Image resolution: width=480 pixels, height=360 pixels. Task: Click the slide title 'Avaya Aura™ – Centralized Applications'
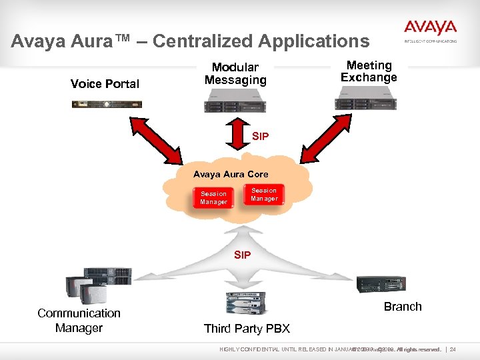click(x=190, y=41)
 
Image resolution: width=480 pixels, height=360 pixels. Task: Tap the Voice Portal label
click(x=105, y=83)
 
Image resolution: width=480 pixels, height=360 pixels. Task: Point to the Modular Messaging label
click(x=235, y=73)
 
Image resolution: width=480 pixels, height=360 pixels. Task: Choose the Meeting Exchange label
click(x=369, y=71)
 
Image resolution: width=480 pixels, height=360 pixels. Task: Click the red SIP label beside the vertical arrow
click(x=260, y=137)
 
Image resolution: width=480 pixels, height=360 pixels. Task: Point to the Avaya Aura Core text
click(x=231, y=174)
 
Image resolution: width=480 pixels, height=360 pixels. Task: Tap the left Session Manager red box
click(x=213, y=197)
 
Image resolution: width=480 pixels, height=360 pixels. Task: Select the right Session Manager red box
click(x=264, y=195)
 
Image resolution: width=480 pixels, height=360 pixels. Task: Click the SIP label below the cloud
click(x=242, y=255)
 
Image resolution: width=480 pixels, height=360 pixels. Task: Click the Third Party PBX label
click(x=247, y=329)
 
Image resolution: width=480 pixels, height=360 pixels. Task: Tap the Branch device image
click(x=380, y=284)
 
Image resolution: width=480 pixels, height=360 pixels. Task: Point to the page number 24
click(x=462, y=350)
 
